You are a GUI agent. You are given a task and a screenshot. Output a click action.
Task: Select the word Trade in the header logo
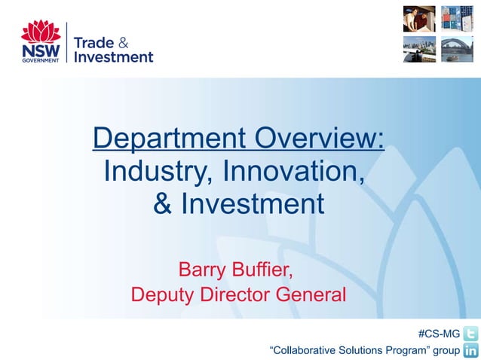(95, 41)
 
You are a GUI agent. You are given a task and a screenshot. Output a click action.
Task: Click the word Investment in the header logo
(113, 56)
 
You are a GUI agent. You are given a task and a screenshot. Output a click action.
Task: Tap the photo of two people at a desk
(418, 18)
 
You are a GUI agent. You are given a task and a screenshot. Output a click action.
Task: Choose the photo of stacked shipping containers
(457, 18)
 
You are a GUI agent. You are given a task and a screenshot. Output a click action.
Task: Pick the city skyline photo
(418, 48)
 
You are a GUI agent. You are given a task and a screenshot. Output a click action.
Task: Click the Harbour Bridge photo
(457, 48)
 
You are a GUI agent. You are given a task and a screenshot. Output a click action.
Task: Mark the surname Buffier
(261, 269)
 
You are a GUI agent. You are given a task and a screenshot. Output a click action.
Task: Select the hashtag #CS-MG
(438, 334)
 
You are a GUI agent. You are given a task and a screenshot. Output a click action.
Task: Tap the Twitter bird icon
(470, 334)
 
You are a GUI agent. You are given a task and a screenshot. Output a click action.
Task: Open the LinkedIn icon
(470, 350)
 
